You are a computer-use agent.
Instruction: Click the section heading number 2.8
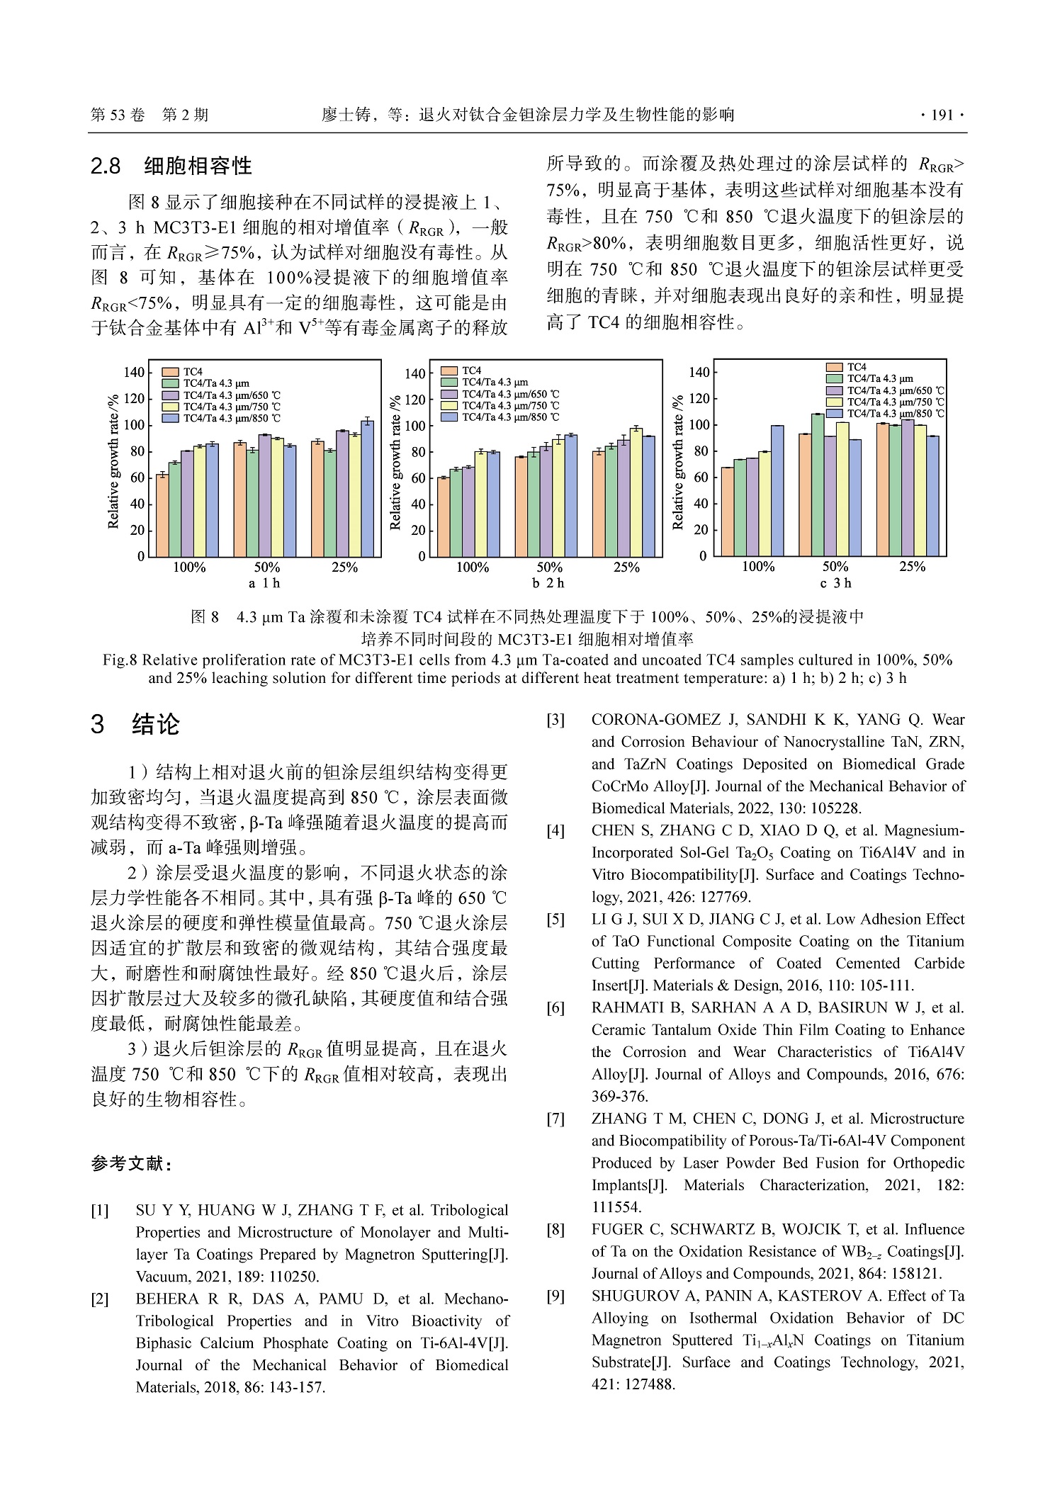106,166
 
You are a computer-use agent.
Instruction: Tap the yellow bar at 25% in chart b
636,492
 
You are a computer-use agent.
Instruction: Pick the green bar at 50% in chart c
818,485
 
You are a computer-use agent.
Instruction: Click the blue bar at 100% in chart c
777,490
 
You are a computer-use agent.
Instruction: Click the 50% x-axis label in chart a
267,567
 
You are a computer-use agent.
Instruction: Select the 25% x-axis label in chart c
912,567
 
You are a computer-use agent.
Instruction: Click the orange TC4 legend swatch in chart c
835,367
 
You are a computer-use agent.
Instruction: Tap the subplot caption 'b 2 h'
548,583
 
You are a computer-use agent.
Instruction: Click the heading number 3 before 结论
98,725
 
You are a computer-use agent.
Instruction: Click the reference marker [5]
555,920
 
